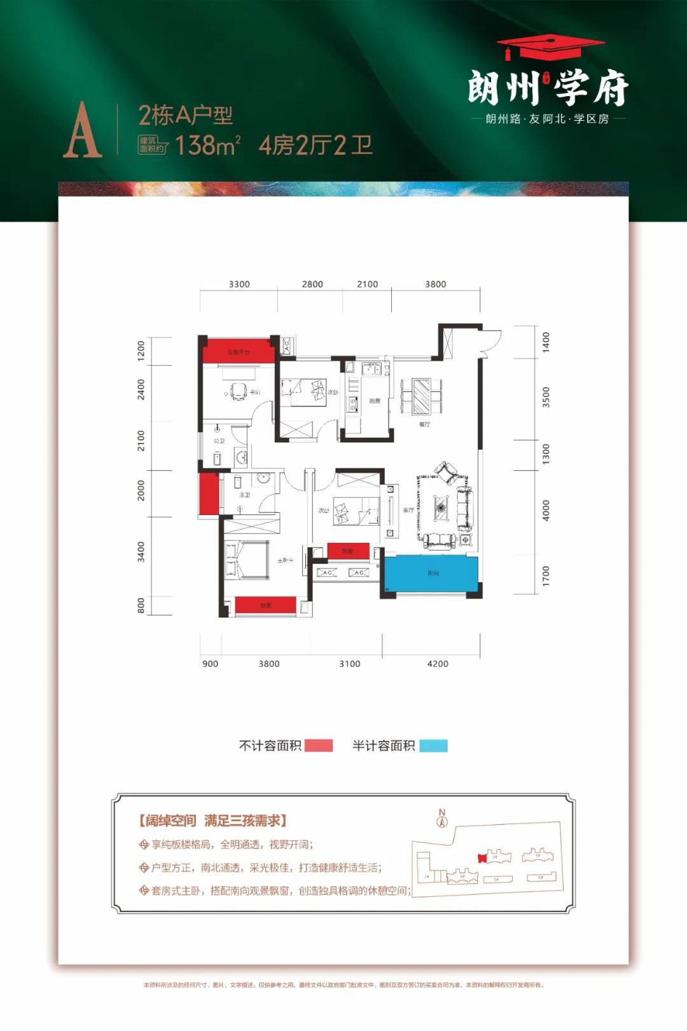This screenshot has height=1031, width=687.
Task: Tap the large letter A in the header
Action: tap(82, 131)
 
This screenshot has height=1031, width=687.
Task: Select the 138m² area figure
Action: tap(207, 145)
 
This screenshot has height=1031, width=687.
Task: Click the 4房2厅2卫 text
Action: tap(316, 145)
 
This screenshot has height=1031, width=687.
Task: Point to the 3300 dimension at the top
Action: tap(239, 284)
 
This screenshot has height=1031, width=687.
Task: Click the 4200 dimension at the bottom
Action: tap(438, 663)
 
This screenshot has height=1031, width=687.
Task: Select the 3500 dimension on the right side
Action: tap(546, 397)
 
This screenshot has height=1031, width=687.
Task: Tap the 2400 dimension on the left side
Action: tap(141, 389)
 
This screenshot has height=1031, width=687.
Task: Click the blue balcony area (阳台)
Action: tap(433, 575)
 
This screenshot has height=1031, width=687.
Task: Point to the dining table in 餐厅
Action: tap(422, 396)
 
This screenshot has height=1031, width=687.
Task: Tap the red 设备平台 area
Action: tap(239, 351)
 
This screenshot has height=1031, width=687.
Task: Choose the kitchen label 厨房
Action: tap(375, 401)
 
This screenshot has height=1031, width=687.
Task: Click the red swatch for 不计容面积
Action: tap(319, 746)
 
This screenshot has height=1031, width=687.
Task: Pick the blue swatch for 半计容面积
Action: tap(433, 746)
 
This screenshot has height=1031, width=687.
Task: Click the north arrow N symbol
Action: tap(442, 818)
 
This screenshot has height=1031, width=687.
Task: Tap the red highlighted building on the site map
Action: tap(482, 857)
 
